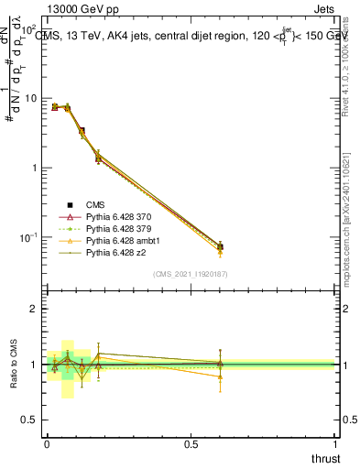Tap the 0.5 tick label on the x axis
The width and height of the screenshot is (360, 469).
(x=191, y=444)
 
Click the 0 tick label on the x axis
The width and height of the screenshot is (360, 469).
(x=47, y=444)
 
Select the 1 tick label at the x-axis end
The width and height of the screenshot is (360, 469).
(x=335, y=444)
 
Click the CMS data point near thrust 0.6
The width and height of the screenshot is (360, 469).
(x=220, y=247)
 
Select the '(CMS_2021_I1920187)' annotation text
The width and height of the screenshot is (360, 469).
(x=191, y=274)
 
